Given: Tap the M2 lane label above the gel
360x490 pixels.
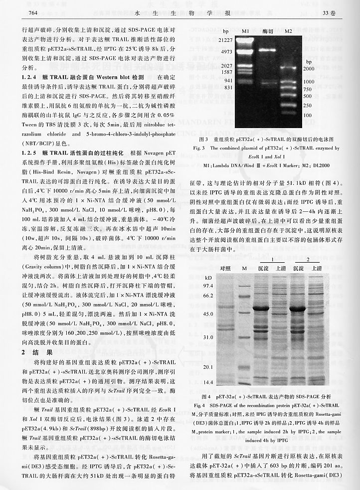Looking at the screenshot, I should [x=288, y=31].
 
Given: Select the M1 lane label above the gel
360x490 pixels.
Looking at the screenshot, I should [x=245, y=31].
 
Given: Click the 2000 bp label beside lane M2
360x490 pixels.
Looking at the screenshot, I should [x=309, y=68].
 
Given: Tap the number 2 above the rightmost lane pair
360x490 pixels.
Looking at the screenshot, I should [x=308, y=260].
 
